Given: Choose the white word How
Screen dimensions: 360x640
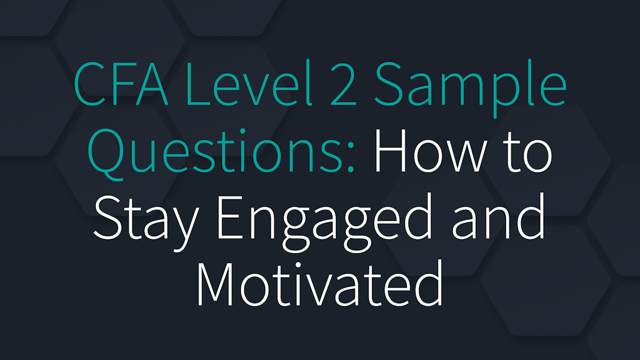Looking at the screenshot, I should click(x=433, y=152).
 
